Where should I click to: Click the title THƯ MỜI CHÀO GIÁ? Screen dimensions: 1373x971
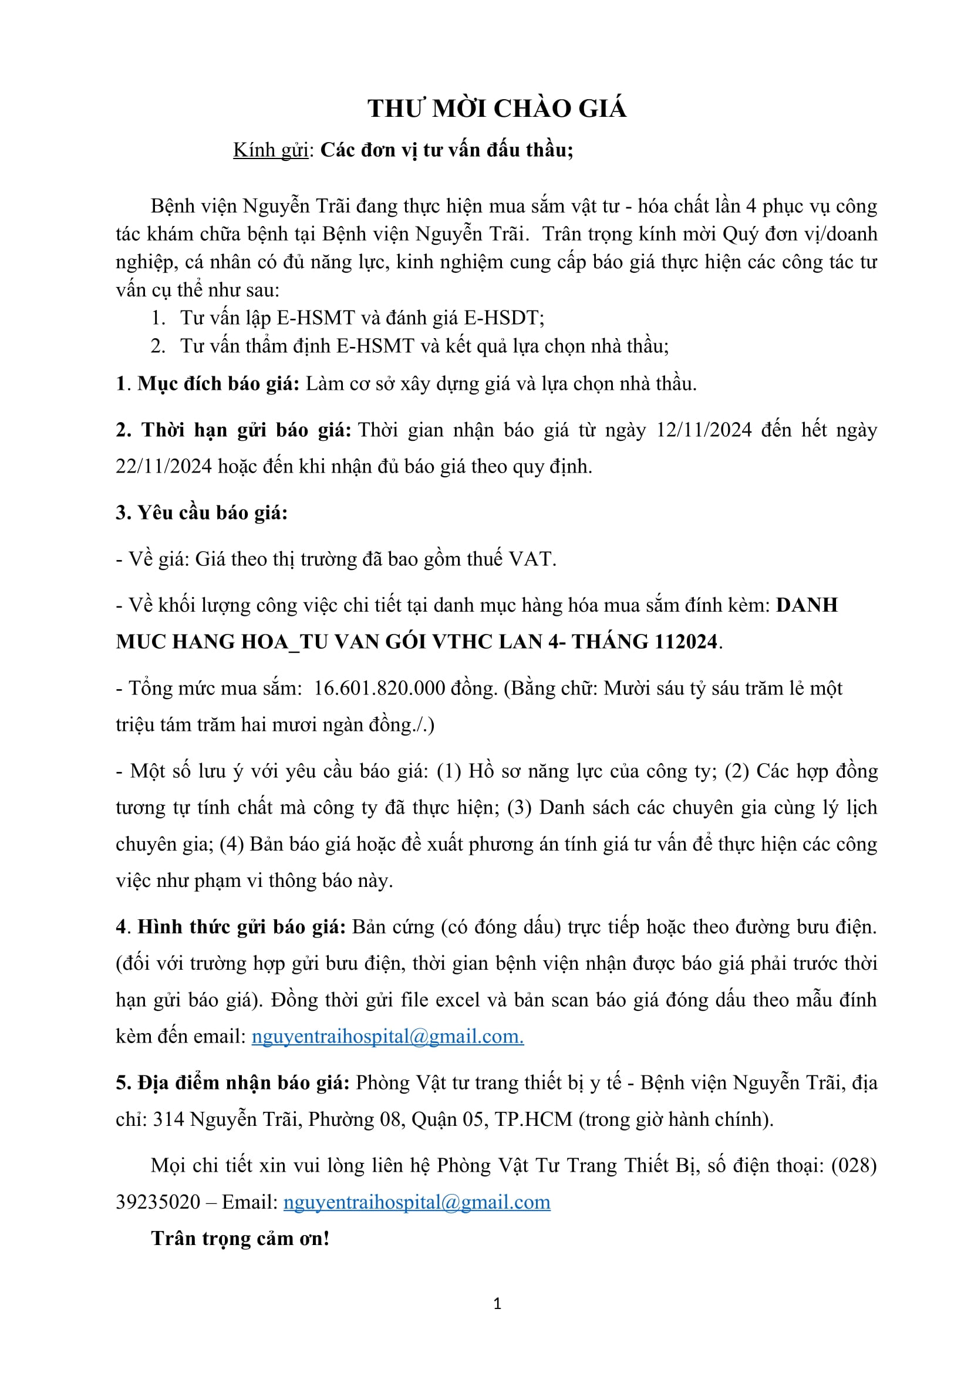[x=497, y=109]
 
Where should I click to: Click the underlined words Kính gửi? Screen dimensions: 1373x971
[x=271, y=150]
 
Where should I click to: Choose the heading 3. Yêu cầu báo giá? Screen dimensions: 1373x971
[x=201, y=512]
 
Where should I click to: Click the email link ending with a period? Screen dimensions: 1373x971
[x=387, y=1036]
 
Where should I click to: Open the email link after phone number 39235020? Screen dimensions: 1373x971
[x=417, y=1202]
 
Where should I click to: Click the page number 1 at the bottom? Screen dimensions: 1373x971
[x=497, y=1304]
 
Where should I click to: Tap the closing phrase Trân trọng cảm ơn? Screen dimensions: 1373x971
[x=240, y=1239]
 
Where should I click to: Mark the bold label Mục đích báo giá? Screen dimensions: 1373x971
[x=218, y=384]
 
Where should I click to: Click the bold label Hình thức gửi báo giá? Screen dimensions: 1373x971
[x=241, y=927]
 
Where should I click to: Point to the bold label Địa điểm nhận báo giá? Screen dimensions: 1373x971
[x=232, y=1083]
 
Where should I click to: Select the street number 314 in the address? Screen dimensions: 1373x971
[x=168, y=1119]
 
